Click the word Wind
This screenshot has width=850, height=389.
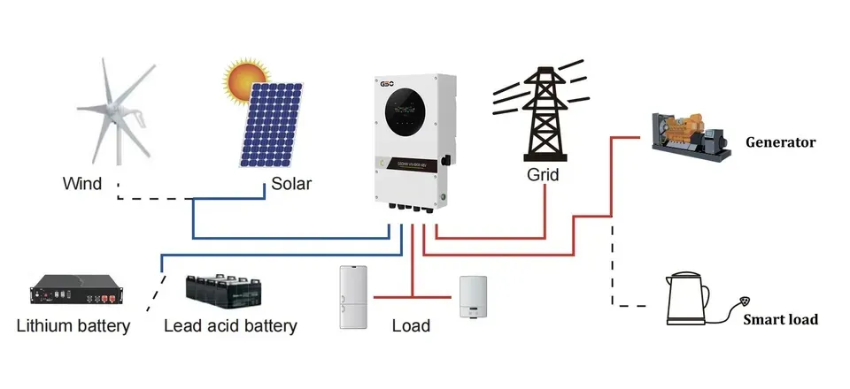coord(81,184)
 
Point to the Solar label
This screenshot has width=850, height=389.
coord(291,184)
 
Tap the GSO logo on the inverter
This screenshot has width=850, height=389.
coord(387,82)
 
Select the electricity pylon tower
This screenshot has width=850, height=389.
coord(542,111)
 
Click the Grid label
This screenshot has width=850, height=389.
coord(543,175)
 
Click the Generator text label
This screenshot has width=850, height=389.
coord(780,141)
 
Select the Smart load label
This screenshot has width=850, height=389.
coord(779,320)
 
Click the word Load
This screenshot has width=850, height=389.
coord(411,326)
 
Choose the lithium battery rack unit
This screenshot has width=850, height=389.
coord(69,293)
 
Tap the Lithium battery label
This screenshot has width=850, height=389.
coord(73,326)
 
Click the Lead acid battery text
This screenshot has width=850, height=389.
coord(230,326)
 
